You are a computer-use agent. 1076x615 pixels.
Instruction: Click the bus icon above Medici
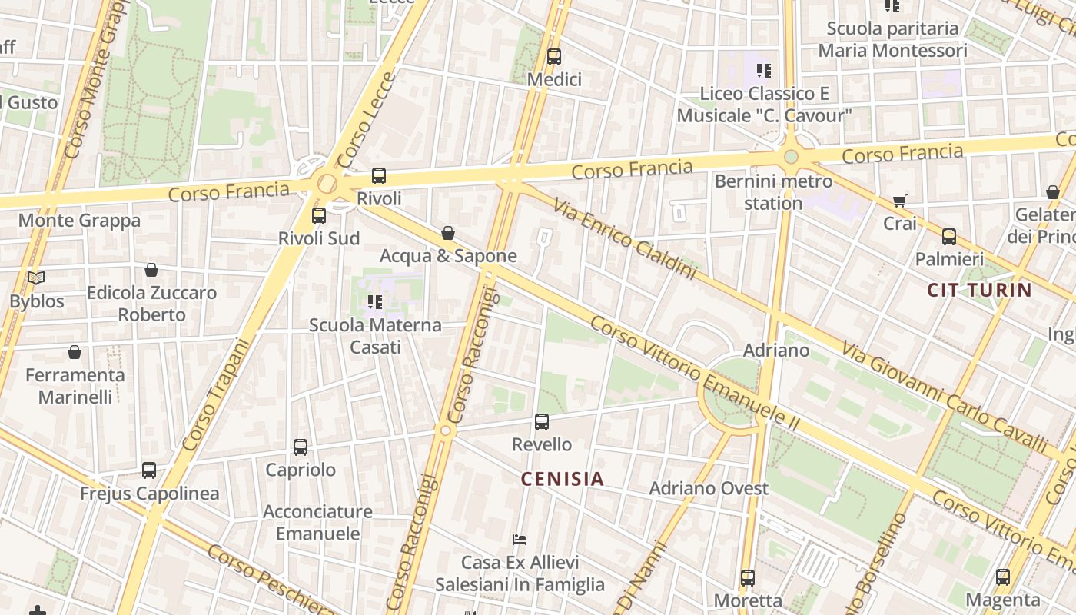[553, 57]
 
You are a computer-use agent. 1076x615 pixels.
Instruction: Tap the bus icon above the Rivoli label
[378, 176]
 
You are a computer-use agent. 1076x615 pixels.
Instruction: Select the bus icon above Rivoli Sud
[319, 216]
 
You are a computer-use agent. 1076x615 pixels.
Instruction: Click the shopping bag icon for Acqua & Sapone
[448, 232]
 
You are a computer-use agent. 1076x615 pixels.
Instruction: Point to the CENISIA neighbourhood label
[563, 479]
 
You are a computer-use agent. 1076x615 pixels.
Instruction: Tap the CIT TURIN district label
[979, 290]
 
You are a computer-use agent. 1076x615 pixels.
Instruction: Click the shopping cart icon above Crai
[900, 201]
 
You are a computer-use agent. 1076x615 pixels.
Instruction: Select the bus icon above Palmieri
[949, 236]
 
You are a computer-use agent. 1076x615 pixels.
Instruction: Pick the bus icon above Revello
[542, 421]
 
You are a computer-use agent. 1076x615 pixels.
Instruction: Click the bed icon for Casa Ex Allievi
[520, 540]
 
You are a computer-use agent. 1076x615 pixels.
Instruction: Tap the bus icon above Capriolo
[301, 447]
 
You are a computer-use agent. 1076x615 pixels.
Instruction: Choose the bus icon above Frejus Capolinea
[149, 470]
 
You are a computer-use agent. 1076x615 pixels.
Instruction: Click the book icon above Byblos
[36, 278]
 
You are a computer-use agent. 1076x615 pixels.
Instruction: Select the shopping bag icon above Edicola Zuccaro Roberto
[151, 270]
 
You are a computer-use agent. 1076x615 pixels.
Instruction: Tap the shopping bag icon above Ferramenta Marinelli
[75, 352]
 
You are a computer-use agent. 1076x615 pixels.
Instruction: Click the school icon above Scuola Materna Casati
[374, 302]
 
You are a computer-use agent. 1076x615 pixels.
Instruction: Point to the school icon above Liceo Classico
[763, 71]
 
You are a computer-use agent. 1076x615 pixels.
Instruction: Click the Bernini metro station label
[773, 192]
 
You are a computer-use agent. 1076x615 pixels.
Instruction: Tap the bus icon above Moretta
[748, 577]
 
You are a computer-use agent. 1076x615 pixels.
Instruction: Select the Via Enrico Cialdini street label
[624, 238]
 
